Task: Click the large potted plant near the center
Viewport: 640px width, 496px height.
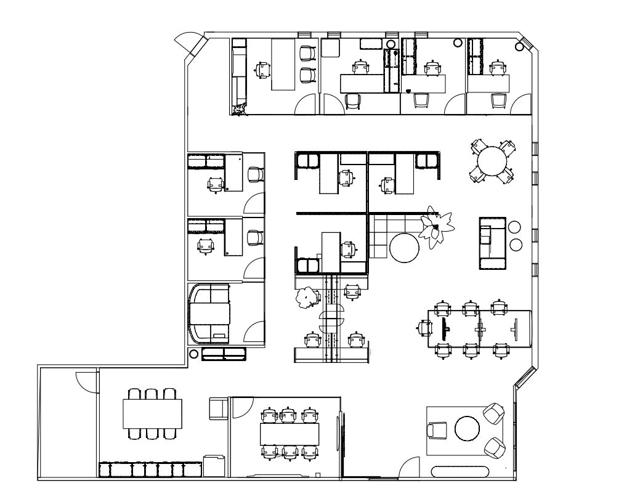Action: tap(435, 228)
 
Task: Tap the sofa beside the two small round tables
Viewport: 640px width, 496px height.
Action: tap(493, 243)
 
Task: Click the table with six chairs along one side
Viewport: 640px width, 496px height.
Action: tap(153, 413)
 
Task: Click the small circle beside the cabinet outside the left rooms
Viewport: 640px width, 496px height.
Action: tap(193, 354)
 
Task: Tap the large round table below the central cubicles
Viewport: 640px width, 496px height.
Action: tap(404, 248)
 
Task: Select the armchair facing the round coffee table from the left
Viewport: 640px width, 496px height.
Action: tap(437, 430)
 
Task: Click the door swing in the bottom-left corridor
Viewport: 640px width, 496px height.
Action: tap(84, 382)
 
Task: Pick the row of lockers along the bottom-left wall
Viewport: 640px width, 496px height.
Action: tap(150, 470)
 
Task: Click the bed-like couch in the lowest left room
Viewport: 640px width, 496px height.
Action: tap(209, 314)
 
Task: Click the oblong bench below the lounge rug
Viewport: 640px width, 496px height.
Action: tap(460, 473)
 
